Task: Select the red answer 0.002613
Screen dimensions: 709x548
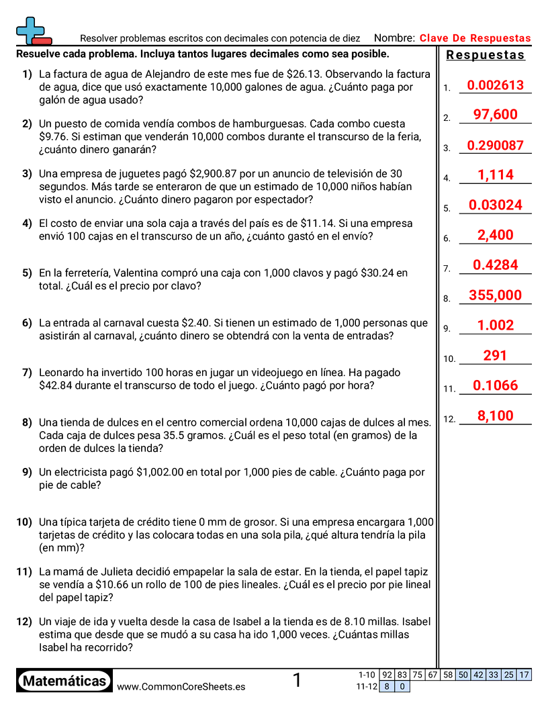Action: (x=495, y=85)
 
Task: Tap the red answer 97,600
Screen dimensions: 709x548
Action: (x=495, y=115)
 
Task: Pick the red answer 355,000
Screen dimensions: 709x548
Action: (x=495, y=295)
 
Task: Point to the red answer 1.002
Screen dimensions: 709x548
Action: (x=495, y=326)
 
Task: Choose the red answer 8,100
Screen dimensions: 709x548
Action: (x=495, y=416)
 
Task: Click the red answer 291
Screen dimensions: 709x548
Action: (x=495, y=356)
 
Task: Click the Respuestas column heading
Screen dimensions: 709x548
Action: (x=485, y=55)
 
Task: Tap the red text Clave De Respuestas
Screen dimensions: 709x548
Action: (x=475, y=38)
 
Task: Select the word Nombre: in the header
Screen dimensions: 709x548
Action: (x=394, y=38)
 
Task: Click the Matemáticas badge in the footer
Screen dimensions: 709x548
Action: (x=64, y=681)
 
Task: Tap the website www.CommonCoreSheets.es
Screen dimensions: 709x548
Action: (x=181, y=687)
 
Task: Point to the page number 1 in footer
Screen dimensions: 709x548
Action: (x=297, y=681)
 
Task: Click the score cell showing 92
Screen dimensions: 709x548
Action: (x=387, y=675)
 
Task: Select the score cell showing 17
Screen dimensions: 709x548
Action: (x=524, y=675)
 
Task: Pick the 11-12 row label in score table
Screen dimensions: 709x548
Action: (x=367, y=687)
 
